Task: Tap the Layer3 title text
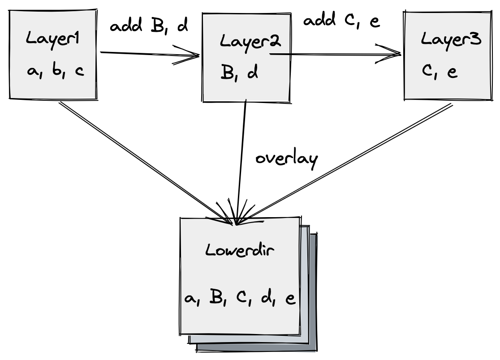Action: pyautogui.click(x=452, y=39)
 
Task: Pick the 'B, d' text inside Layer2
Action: pyautogui.click(x=239, y=73)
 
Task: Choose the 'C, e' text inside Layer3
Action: pyautogui.click(x=439, y=72)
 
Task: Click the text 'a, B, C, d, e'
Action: pyautogui.click(x=240, y=298)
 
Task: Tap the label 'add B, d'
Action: pyautogui.click(x=149, y=26)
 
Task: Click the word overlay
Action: pyautogui.click(x=286, y=159)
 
